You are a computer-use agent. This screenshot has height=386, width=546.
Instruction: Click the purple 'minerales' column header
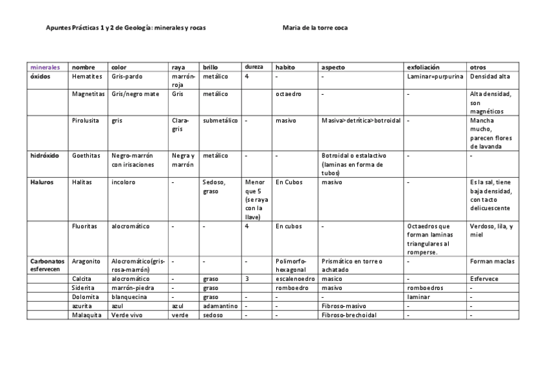pos(44,66)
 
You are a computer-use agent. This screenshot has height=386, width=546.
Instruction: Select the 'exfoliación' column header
pos(423,66)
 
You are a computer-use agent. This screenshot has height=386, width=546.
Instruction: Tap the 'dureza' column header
pos(254,66)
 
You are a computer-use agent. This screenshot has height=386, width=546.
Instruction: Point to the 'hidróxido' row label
pos(45,155)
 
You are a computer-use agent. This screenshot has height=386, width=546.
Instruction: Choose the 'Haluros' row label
pos(42,182)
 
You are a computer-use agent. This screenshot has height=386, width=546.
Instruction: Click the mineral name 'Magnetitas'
pos(87,93)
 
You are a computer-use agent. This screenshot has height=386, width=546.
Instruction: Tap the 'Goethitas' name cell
pos(86,155)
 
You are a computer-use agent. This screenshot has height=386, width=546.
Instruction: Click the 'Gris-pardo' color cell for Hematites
pos(127,76)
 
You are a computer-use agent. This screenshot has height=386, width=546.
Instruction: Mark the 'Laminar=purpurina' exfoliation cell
pos(435,76)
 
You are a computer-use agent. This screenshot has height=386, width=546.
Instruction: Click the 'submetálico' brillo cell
pos(220,120)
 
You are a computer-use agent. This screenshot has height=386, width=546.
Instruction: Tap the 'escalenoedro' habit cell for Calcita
pos(295,278)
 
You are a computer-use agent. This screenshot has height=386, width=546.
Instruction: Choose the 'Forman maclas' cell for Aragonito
pos(492,261)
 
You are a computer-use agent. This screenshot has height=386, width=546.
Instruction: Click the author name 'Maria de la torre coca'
pos(315,28)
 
